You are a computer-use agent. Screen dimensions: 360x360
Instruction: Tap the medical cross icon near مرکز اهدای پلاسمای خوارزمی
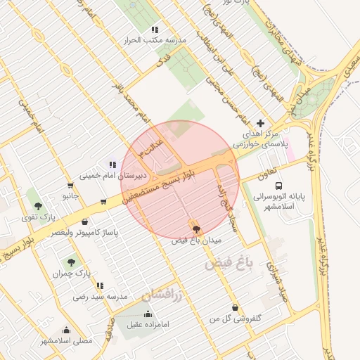tap(261, 123)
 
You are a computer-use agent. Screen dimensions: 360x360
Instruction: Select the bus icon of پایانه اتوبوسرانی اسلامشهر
tap(280, 186)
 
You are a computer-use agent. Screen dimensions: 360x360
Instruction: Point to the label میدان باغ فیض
tap(197, 240)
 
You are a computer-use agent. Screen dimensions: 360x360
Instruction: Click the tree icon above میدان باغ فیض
tap(195, 229)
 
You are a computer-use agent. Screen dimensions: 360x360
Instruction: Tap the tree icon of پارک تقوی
tap(38, 206)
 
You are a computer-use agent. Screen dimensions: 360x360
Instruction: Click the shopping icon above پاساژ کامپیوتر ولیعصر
tap(85, 222)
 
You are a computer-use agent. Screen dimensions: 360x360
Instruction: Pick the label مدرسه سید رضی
tap(99, 297)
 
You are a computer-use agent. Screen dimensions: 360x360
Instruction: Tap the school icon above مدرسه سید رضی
tap(100, 286)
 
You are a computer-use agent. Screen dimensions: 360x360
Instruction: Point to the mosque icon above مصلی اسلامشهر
tap(66, 330)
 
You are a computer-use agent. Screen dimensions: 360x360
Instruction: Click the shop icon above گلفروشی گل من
tap(234, 308)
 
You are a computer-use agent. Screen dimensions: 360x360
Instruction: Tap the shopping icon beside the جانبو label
tap(103, 202)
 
